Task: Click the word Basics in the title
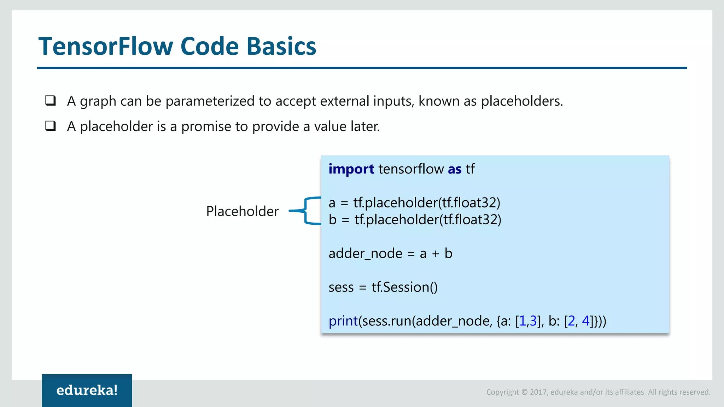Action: click(281, 46)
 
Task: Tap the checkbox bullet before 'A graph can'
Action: click(51, 101)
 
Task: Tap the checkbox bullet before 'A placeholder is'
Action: click(51, 126)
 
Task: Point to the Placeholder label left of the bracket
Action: click(242, 211)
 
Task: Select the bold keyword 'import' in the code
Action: click(351, 169)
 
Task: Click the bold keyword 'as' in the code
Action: click(455, 169)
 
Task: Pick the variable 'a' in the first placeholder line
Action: click(332, 203)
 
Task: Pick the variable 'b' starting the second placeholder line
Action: click(332, 220)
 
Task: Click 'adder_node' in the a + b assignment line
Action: click(365, 254)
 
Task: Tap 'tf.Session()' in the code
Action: click(404, 287)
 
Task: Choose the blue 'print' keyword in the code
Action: click(343, 321)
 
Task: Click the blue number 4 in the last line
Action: click(585, 321)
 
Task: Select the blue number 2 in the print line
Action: click(571, 321)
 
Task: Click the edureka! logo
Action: click(87, 390)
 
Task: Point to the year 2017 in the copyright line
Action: click(538, 392)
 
